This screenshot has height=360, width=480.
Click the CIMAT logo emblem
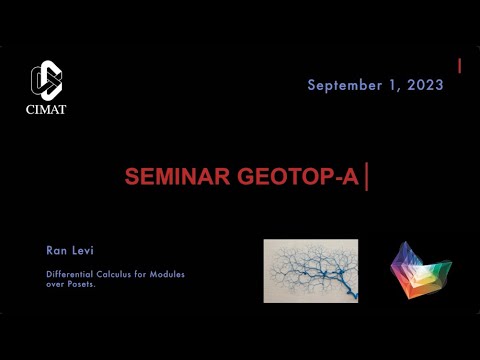[46, 80]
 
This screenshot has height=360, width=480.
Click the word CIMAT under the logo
[46, 109]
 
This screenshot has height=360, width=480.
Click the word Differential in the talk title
[71, 274]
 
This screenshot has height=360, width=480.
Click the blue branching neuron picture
[310, 271]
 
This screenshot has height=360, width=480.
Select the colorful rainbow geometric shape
[420, 271]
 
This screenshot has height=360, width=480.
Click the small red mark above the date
[459, 66]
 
